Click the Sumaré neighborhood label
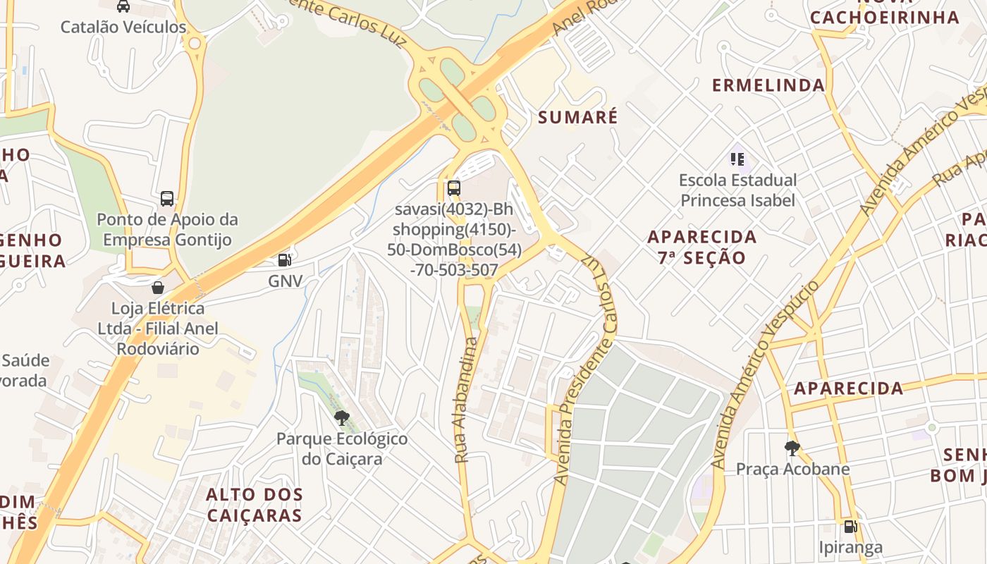577,117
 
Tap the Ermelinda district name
768,85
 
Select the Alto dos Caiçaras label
255,505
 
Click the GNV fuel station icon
284,260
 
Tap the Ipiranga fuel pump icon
850,526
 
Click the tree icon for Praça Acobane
792,448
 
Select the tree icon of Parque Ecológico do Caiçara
342,417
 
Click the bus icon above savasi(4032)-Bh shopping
454,188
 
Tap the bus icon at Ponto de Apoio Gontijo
167,198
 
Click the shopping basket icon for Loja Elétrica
158,287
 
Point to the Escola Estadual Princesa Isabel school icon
737,159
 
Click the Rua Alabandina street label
467,400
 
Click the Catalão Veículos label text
123,27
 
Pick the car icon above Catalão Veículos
123,6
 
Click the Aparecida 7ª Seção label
701,247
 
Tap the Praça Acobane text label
792,469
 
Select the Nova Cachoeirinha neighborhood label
884,14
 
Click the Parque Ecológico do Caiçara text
342,449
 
